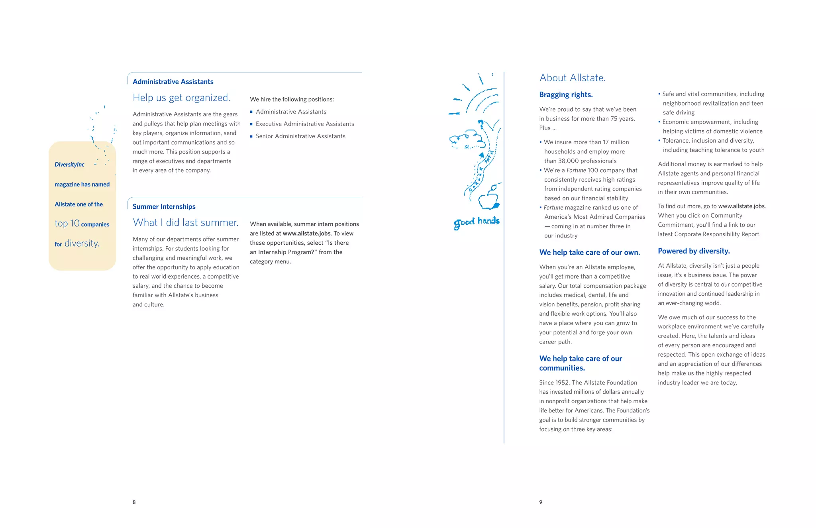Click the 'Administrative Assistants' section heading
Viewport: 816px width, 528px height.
click(173, 82)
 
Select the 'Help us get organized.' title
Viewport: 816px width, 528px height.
click(181, 98)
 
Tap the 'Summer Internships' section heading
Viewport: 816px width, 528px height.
click(164, 206)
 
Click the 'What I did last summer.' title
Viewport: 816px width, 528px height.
click(185, 222)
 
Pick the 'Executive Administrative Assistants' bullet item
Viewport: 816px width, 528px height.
click(304, 124)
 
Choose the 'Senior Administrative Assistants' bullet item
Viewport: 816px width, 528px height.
click(300, 136)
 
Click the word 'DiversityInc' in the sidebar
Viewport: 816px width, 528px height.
click(69, 165)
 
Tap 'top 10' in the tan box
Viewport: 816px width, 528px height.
click(67, 224)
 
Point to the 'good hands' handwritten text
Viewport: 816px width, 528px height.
click(476, 222)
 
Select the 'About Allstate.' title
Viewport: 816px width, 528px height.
click(572, 78)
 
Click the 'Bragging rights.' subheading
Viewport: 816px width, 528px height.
click(566, 95)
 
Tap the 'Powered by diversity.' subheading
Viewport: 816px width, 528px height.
click(694, 251)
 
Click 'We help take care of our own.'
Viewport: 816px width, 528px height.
click(589, 252)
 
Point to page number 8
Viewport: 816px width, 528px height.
click(134, 502)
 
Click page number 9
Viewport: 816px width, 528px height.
click(541, 502)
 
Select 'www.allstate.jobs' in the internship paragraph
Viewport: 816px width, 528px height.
click(306, 234)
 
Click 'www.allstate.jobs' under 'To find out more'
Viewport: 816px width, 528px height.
click(741, 206)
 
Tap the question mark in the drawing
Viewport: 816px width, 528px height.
click(481, 125)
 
